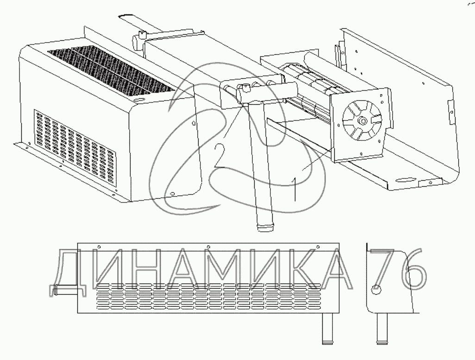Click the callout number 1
tap(294, 190)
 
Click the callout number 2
tap(219, 156)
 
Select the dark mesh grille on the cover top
tap(112, 72)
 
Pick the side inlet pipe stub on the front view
tap(66, 290)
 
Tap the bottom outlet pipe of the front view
tap(327, 329)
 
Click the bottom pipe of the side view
tap(382, 329)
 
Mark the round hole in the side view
tap(376, 289)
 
